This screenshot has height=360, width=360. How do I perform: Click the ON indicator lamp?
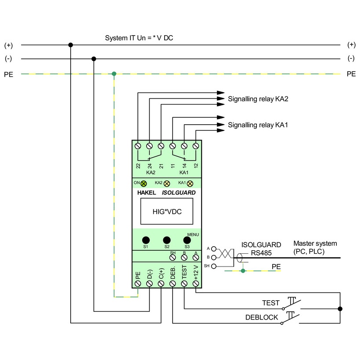click(x=143, y=184)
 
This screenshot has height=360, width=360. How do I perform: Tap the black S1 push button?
click(x=146, y=240)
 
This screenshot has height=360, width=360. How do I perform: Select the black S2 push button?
click(x=167, y=240)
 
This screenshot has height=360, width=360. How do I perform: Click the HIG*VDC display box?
click(x=167, y=212)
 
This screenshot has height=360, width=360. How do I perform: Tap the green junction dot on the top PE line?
click(x=114, y=74)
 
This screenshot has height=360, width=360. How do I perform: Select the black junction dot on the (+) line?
click(x=70, y=45)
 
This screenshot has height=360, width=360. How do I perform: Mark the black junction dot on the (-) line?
click(x=94, y=59)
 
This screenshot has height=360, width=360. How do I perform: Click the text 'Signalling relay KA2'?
click(x=258, y=99)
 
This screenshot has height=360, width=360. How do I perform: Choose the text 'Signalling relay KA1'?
click(x=258, y=125)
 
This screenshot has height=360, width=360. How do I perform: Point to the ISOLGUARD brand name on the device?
click(x=179, y=192)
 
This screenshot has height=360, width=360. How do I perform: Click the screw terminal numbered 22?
click(x=138, y=145)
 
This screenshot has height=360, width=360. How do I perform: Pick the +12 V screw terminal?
click(x=195, y=284)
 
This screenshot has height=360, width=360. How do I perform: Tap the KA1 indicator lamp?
click(x=190, y=184)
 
